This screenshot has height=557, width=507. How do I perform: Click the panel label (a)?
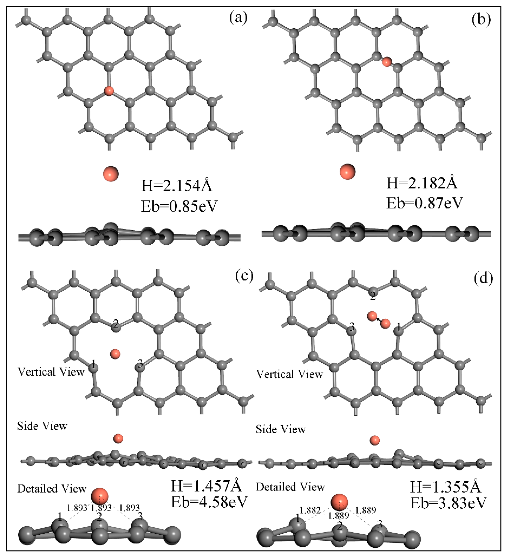click(238, 18)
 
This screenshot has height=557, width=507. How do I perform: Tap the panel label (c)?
click(244, 277)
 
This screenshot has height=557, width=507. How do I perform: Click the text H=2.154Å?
click(177, 186)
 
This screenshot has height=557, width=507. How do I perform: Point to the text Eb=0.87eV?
click(424, 203)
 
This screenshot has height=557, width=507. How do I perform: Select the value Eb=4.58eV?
click(209, 502)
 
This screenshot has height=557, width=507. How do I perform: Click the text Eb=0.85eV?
click(179, 206)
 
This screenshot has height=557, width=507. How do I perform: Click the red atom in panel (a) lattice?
click(109, 91)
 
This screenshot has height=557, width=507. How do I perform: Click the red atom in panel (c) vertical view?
click(115, 354)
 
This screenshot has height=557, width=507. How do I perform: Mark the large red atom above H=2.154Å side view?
click(111, 174)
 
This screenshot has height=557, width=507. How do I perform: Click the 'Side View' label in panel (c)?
click(42, 426)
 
